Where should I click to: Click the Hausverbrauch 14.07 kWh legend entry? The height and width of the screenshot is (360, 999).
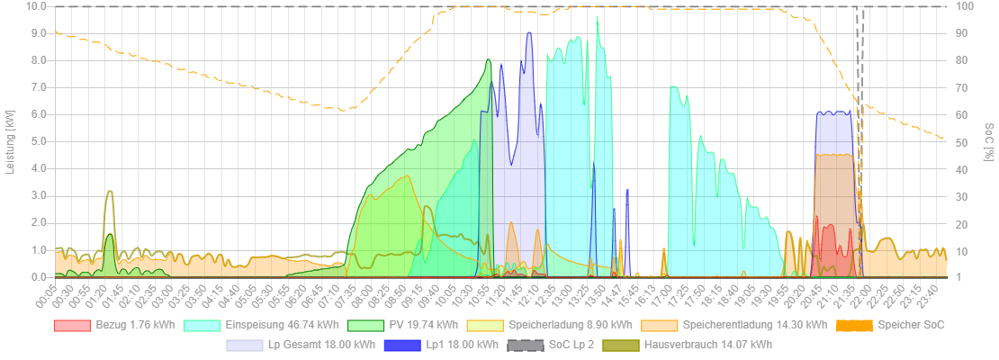pyautogui.click(x=707, y=345)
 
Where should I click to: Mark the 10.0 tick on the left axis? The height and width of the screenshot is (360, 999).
pyautogui.click(x=37, y=6)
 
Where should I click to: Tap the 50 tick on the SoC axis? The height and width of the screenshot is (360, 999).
pyautogui.click(x=963, y=141)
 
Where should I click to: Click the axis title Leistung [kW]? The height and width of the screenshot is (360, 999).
pyautogui.click(x=11, y=141)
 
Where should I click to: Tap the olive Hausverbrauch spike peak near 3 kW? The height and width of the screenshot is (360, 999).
pyautogui.click(x=110, y=192)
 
